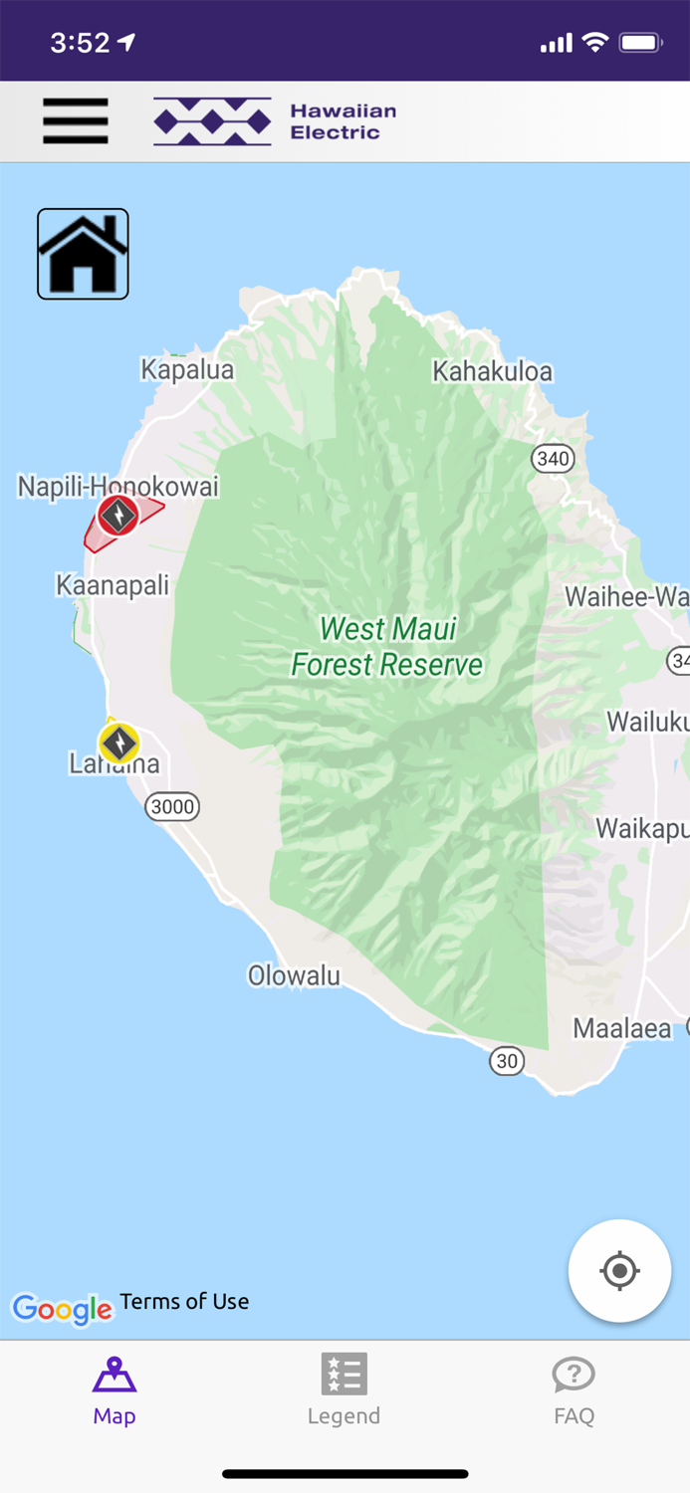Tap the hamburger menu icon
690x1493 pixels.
76,121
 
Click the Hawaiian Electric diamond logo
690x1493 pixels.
212,121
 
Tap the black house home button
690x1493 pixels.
83,254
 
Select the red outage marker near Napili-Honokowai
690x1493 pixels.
117,516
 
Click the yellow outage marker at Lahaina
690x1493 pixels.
118,743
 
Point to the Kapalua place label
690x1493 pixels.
187,370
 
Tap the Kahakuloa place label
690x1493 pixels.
492,371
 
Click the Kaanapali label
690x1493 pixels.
113,584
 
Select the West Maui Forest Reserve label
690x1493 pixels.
387,647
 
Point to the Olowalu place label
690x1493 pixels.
294,976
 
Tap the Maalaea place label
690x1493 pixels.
622,1028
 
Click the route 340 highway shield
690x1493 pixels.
553,458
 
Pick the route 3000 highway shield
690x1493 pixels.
172,806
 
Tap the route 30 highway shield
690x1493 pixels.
507,1061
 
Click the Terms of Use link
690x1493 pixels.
184,1301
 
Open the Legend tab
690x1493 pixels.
344,1389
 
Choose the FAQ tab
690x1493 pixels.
574,1389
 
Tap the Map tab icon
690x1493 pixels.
115,1377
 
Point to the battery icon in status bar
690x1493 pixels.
640,43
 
